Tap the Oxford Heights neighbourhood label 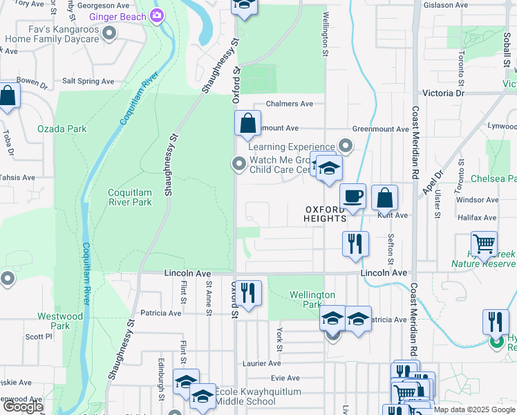coord(325,214)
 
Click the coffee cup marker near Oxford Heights coord(353,198)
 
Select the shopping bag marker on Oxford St coord(247,125)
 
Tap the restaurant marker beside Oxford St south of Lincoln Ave coord(250,293)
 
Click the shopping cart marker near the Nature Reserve coord(484,244)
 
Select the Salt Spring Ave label coord(88,81)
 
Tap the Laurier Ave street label coord(261,363)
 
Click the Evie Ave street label coord(285,378)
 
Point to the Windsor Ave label coord(477,199)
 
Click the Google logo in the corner coord(23,406)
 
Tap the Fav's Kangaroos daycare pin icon coord(109,33)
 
